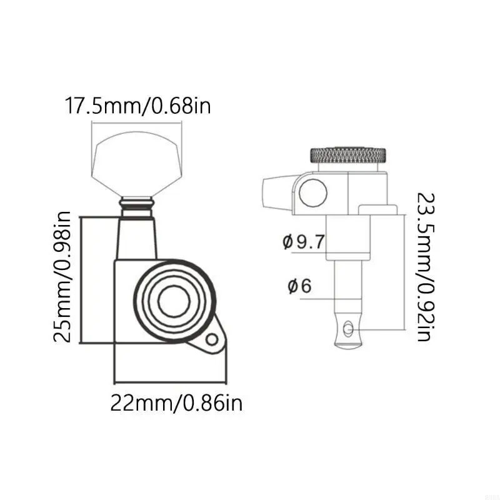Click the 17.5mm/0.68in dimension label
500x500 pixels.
tap(137, 105)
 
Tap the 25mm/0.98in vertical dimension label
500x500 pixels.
tap(62, 277)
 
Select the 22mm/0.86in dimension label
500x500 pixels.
tap(176, 403)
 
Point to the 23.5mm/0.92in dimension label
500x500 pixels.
tap(426, 267)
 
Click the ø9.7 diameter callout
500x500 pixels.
tap(304, 242)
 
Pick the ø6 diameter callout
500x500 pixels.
tap(299, 286)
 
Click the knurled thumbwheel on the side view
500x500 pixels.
tap(349, 154)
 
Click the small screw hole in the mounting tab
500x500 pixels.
tap(212, 339)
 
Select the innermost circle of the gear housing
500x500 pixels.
tap(174, 301)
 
